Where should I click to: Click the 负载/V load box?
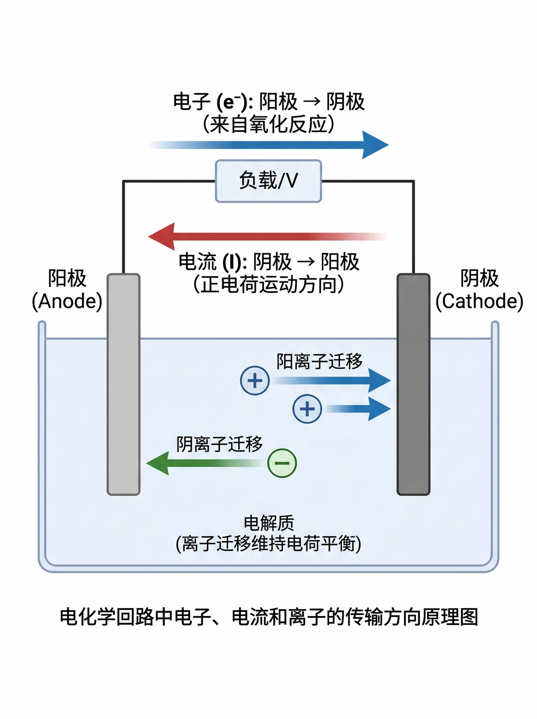[268, 181]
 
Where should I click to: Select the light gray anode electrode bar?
[123, 384]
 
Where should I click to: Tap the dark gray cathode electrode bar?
[413, 384]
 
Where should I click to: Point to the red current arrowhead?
[162, 236]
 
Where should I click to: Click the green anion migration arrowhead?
[158, 463]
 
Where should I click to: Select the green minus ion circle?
[282, 463]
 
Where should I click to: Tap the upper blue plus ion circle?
[255, 380]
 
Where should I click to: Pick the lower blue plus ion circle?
[307, 409]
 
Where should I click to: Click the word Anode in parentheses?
[67, 301]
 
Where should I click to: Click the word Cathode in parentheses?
[479, 301]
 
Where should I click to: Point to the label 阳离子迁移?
[319, 361]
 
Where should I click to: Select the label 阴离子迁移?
[219, 444]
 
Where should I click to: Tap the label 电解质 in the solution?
[269, 523]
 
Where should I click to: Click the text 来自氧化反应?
[268, 124]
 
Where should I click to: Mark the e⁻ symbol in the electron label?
[231, 102]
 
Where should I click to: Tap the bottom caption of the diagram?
[269, 617]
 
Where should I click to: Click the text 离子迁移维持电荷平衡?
[268, 544]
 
